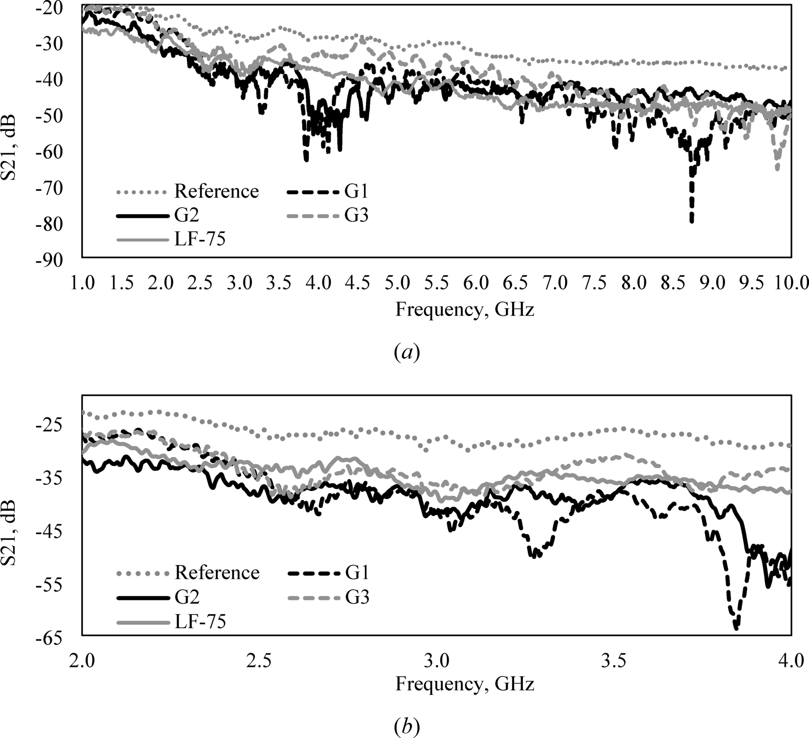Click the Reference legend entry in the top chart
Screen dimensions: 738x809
(216, 191)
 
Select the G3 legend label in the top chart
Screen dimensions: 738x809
(357, 215)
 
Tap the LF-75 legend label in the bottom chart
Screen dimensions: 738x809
(200, 622)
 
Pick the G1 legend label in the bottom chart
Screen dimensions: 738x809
(357, 572)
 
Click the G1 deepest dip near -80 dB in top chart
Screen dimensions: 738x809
(691, 220)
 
